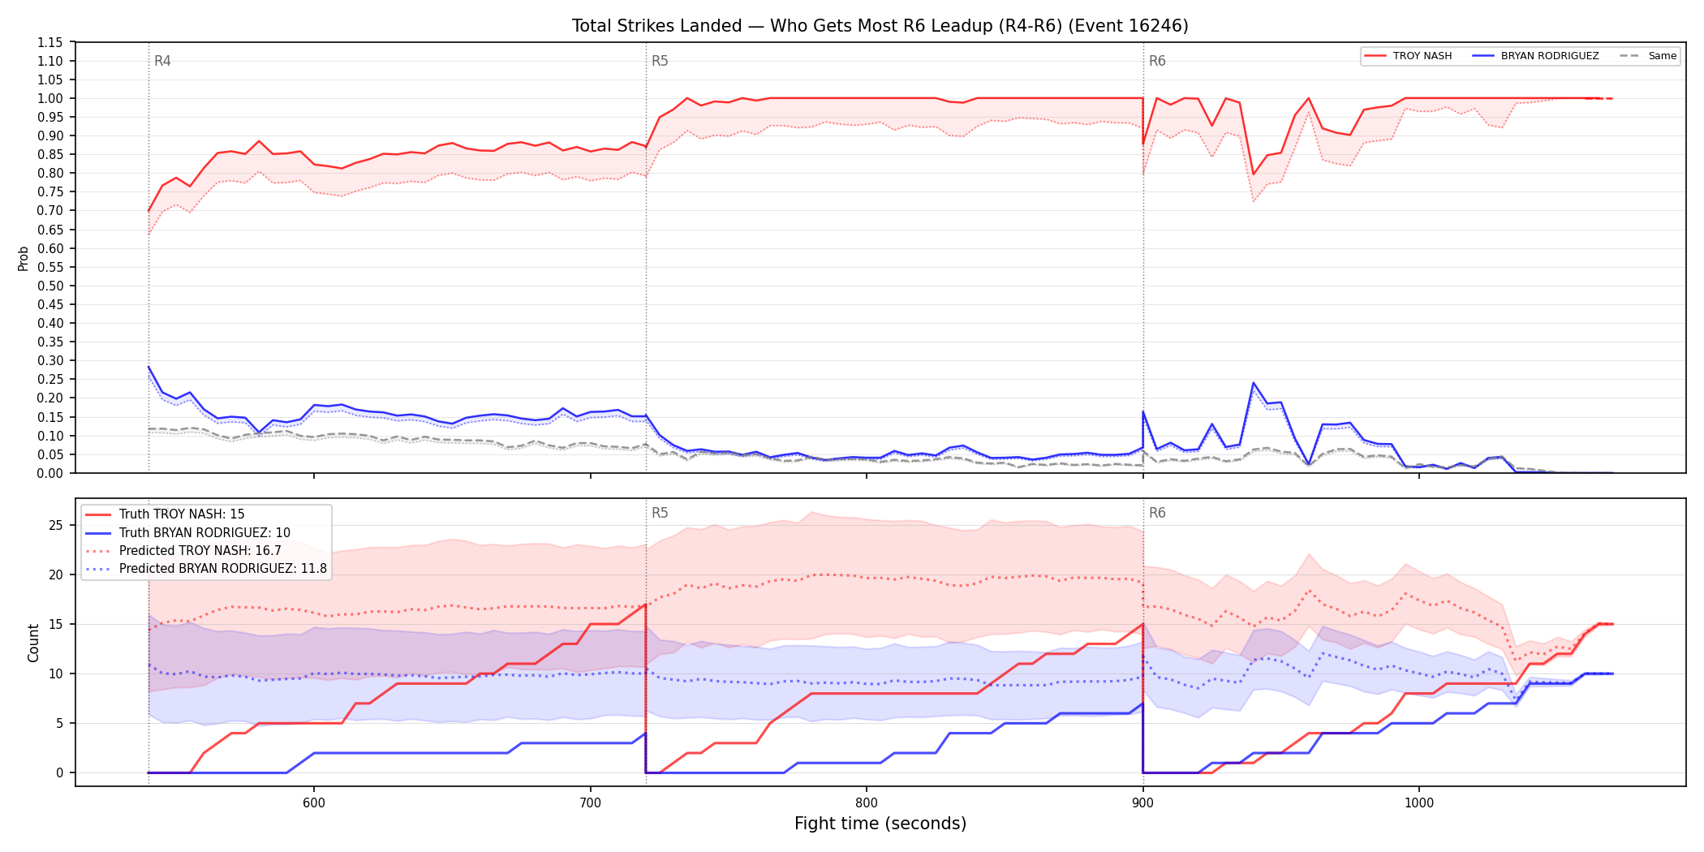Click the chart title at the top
[880, 26]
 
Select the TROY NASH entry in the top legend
[1408, 56]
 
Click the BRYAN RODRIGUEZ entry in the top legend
[1535, 56]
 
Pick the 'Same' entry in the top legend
[1648, 56]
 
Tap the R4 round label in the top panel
[162, 61]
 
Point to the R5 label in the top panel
[660, 61]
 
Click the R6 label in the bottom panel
[1157, 513]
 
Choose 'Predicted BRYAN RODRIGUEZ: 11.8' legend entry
[206, 569]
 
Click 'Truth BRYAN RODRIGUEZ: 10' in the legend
[187, 533]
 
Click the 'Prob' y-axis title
[24, 258]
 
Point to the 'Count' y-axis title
[33, 643]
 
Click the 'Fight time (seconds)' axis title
[880, 824]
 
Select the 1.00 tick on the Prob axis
[51, 98]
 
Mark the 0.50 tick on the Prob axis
[51, 286]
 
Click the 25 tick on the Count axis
[56, 525]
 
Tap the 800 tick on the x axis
[867, 803]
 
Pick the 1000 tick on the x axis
[1419, 803]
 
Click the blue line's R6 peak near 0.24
[1254, 383]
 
